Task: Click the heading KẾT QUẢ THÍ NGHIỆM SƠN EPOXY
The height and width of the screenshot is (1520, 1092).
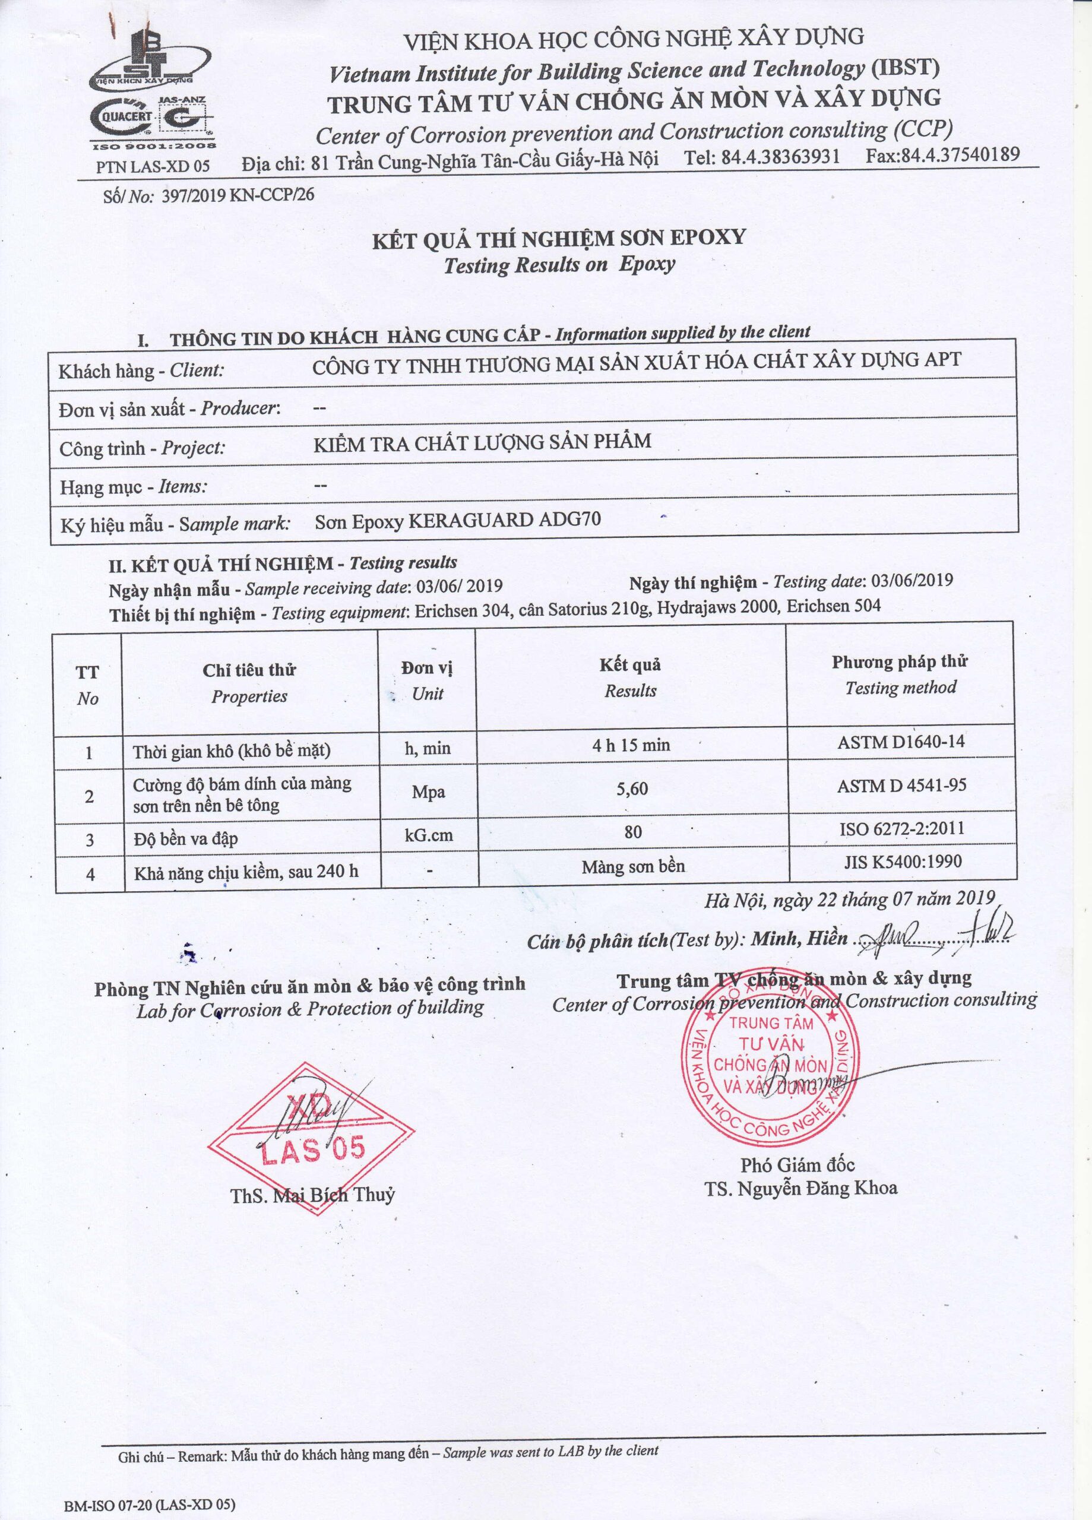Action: click(x=558, y=238)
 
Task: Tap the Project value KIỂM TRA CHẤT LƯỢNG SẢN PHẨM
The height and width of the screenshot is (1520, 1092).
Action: click(x=482, y=442)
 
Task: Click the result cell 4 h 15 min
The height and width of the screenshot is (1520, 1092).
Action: click(x=631, y=745)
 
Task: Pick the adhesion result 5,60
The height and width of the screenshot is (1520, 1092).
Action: click(x=632, y=789)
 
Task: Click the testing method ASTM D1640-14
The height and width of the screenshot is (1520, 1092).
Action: click(x=900, y=742)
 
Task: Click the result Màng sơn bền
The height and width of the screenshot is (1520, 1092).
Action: click(x=633, y=866)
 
